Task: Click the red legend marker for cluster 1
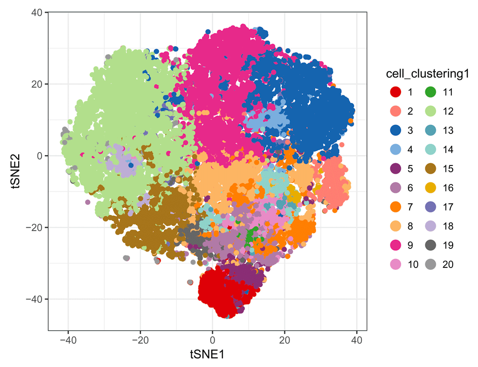click(395, 92)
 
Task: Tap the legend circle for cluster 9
click(395, 245)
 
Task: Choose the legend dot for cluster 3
click(395, 131)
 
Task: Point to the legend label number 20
click(448, 265)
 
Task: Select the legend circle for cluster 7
click(395, 207)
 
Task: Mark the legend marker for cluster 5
click(395, 169)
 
